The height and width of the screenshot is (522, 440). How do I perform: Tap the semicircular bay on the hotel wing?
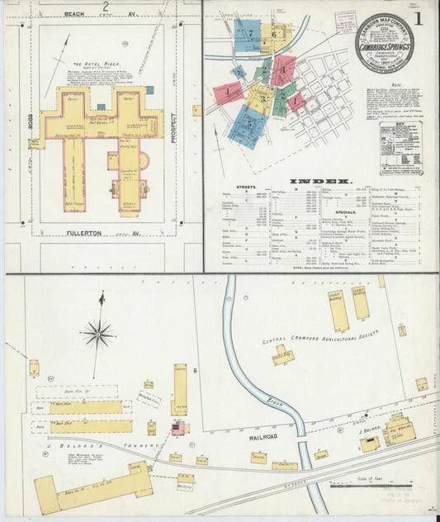(x=145, y=161)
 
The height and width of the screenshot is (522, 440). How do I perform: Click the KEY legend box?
(x=400, y=149)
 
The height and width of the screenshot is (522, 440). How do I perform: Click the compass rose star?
(x=97, y=334)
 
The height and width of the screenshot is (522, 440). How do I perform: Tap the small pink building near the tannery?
(x=177, y=427)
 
